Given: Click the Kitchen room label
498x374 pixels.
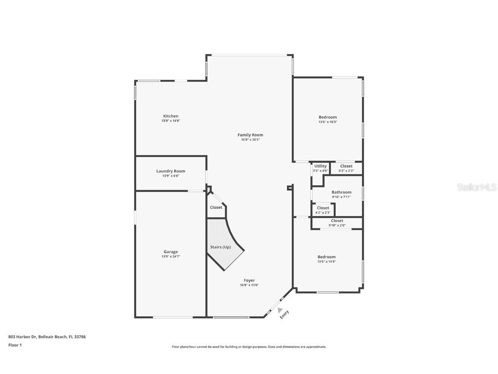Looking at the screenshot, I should pyautogui.click(x=170, y=116).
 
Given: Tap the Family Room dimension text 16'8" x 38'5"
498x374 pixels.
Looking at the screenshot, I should pyautogui.click(x=250, y=140).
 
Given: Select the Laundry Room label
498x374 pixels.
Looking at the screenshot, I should pyautogui.click(x=170, y=171).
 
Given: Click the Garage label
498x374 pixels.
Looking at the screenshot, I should pyautogui.click(x=170, y=251).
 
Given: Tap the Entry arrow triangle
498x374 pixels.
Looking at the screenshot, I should pyautogui.click(x=280, y=310).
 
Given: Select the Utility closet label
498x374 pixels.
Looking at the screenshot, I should pyautogui.click(x=320, y=166).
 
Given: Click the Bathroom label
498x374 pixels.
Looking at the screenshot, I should pyautogui.click(x=341, y=192).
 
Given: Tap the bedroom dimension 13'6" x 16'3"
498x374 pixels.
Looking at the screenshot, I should pyautogui.click(x=328, y=122).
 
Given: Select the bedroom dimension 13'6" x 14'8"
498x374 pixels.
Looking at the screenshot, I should pyautogui.click(x=326, y=261).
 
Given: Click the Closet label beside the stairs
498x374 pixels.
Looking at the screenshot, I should pyautogui.click(x=216, y=207).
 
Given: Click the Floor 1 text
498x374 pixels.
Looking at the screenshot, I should pyautogui.click(x=15, y=345).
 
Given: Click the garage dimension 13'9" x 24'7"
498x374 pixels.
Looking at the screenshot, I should pyautogui.click(x=170, y=257).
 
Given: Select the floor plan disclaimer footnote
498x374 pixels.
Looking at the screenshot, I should pyautogui.click(x=249, y=347).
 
